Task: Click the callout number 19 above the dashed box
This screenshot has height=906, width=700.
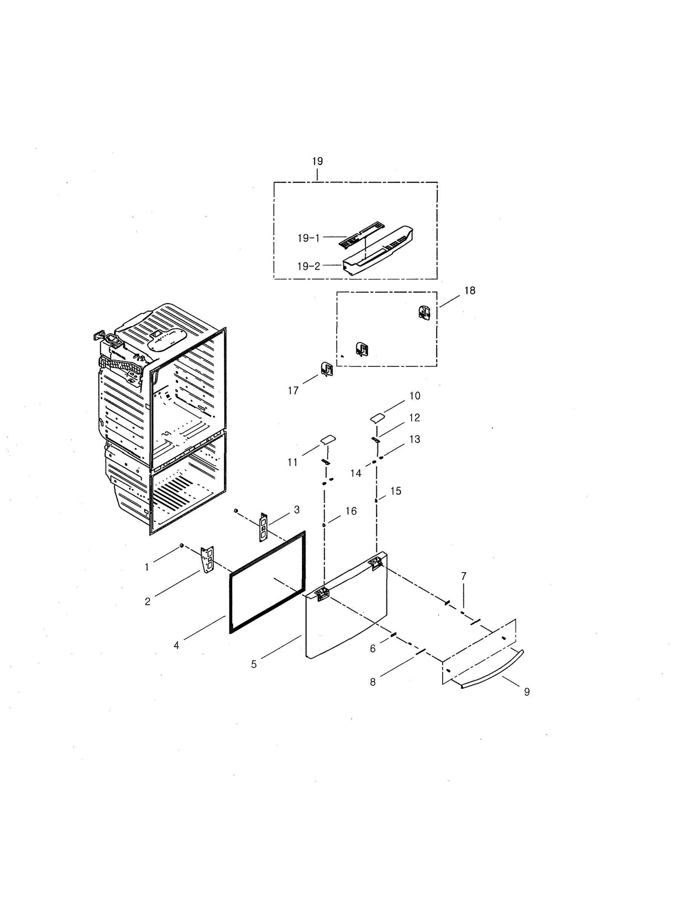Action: (x=317, y=161)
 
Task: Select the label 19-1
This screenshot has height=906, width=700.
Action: (x=309, y=238)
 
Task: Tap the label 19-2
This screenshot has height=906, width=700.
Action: (x=309, y=266)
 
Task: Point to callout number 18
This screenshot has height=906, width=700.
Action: (x=469, y=291)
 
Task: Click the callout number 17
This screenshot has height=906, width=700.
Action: (x=293, y=390)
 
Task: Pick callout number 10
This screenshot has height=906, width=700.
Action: (x=415, y=396)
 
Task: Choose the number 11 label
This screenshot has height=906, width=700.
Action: (x=293, y=462)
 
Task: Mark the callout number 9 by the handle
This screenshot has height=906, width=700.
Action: (x=527, y=692)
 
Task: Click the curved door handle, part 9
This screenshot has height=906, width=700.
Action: (x=494, y=670)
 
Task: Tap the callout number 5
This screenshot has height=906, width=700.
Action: (x=254, y=664)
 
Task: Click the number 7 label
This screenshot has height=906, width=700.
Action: (x=464, y=576)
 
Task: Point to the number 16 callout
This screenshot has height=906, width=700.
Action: (x=351, y=511)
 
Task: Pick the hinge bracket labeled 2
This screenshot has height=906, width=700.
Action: (x=207, y=559)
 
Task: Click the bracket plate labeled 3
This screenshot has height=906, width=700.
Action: (x=263, y=527)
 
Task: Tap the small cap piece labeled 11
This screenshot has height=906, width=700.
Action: (x=328, y=439)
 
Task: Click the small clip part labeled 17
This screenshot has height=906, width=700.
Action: (x=327, y=369)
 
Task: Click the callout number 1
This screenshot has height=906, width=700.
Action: (x=147, y=567)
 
